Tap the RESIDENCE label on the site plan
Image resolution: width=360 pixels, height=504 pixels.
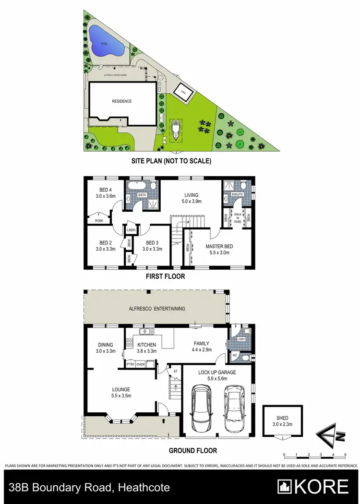point(121,101)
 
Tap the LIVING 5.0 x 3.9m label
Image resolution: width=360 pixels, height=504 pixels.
point(192,198)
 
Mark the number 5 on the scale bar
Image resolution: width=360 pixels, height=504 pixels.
point(345,454)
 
